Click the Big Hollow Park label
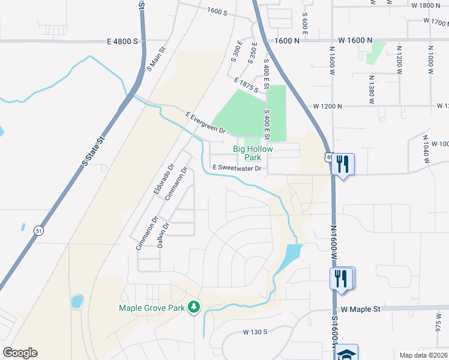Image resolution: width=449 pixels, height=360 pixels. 253,153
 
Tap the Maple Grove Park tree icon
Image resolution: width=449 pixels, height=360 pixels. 194,308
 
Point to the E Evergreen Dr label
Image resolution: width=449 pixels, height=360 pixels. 205,122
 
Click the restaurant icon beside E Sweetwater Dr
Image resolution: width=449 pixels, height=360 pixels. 342,163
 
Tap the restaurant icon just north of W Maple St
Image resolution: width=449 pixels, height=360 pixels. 341,278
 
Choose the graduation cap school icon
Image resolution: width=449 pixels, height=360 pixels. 346,353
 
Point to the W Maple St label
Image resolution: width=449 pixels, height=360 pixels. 361,309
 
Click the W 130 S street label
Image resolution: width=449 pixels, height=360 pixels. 255,332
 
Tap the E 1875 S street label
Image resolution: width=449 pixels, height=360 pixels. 247,85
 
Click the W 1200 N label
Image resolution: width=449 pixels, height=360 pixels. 328,106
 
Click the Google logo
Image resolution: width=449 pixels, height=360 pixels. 20,353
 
